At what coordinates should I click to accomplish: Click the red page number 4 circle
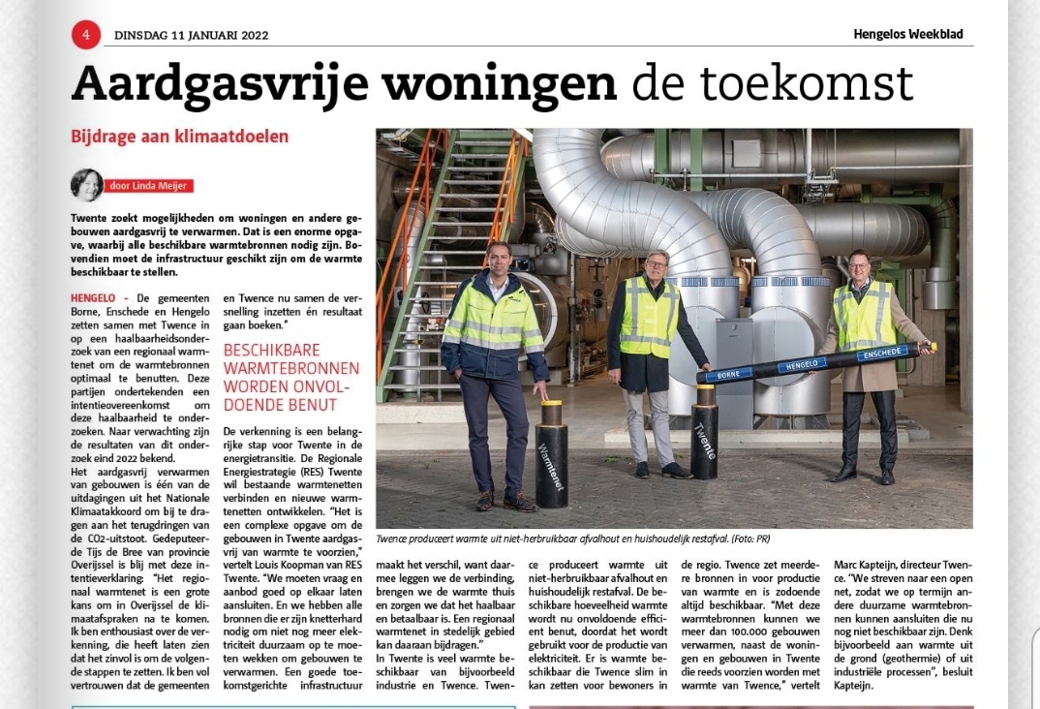pos(86,35)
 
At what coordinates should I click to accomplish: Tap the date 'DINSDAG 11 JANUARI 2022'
pos(191,36)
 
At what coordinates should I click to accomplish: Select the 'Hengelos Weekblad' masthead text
pos(908,34)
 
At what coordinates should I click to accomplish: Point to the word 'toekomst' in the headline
pos(821,85)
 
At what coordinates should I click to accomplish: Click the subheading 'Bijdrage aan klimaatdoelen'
pos(179,137)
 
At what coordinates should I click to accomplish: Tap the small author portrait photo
pos(86,184)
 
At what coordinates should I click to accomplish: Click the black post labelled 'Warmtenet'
pos(551,454)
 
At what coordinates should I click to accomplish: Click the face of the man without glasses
pos(498,260)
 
